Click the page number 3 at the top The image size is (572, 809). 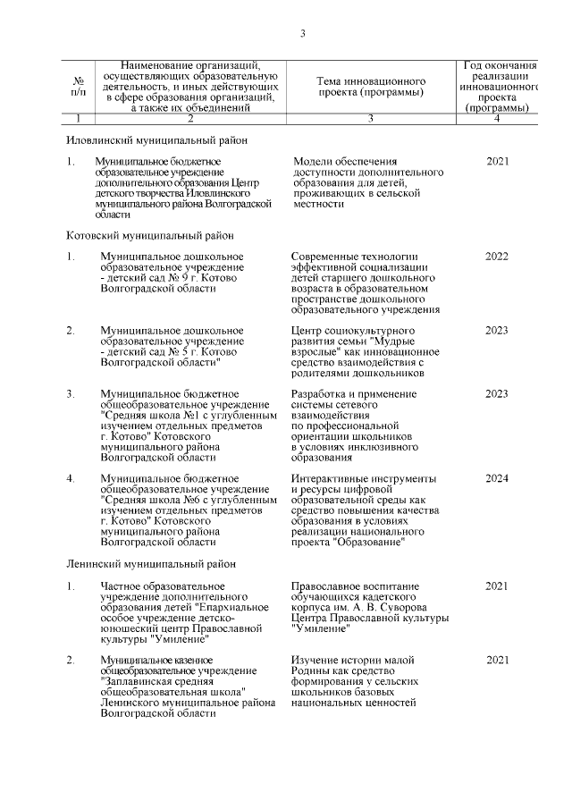[302, 34]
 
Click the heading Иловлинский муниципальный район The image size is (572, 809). [156, 140]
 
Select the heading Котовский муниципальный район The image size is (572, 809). [150, 235]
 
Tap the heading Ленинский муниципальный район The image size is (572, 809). [152, 564]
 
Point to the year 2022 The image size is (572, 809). [497, 257]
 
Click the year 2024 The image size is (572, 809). [497, 478]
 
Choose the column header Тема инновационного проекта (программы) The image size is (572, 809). [370, 87]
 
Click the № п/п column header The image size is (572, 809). [79, 87]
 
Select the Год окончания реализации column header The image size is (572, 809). [500, 87]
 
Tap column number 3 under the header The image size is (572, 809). [370, 118]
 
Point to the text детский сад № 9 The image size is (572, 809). [147, 278]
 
